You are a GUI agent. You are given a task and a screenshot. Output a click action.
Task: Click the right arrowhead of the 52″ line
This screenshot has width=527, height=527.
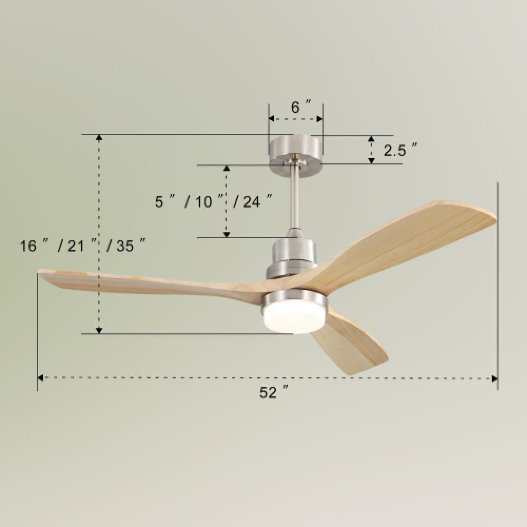pyautogui.click(x=494, y=378)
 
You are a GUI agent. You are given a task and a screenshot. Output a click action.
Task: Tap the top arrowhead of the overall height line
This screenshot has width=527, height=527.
pyautogui.click(x=99, y=139)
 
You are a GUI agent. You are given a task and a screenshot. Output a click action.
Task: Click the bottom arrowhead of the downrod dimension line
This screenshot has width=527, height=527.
pyautogui.click(x=227, y=233)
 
